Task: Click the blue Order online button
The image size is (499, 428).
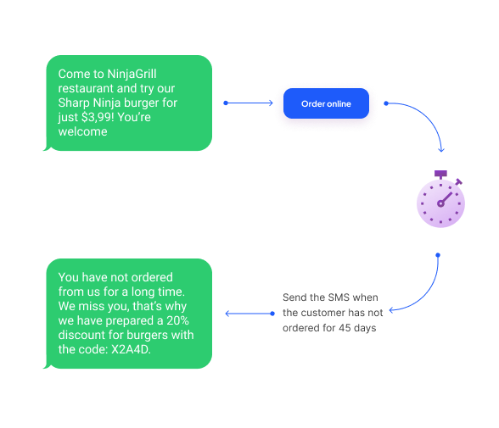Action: coord(326,104)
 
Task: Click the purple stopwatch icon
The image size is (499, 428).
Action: coord(440,202)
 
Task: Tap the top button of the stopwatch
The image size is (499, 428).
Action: coord(440,174)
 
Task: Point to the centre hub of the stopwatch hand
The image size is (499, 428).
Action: coord(440,203)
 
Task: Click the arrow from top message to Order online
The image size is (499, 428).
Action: coord(249,103)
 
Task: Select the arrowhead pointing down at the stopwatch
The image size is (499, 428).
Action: coord(441,149)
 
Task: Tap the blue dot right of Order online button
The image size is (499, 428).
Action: coord(386,103)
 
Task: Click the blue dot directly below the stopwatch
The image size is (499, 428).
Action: coord(438,254)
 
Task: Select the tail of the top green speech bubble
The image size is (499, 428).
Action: coord(48,149)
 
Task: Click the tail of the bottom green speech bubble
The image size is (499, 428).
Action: coord(48,366)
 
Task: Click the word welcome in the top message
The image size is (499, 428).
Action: coord(82,132)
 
